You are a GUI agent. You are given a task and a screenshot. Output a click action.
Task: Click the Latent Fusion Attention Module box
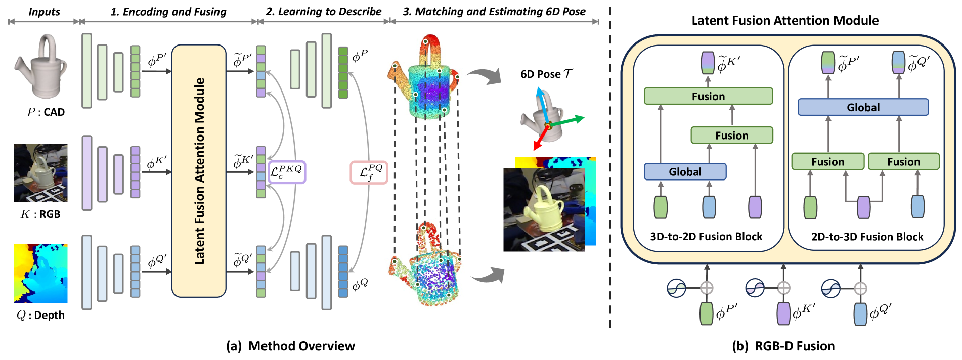[x=199, y=171]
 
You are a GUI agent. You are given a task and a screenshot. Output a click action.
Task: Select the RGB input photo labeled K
[x=40, y=172]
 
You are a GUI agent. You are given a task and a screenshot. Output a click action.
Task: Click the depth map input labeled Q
[x=40, y=274]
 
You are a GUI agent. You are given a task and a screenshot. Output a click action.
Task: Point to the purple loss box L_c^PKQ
[x=287, y=172]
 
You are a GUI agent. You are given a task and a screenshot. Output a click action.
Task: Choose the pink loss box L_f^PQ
[x=369, y=172]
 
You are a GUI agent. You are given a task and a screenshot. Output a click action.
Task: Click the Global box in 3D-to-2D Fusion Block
[x=685, y=172]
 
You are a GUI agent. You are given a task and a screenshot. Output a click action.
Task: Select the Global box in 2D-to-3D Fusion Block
[x=863, y=107]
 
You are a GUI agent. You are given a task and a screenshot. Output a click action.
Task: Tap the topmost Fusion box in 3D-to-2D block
[x=708, y=96]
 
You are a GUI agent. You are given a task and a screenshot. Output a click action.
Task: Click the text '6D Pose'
[x=541, y=74]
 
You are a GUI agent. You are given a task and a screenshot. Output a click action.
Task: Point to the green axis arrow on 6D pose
[x=569, y=121]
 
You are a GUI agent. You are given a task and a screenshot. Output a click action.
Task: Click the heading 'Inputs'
[x=44, y=12]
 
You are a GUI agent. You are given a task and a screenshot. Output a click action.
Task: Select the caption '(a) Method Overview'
[x=290, y=346]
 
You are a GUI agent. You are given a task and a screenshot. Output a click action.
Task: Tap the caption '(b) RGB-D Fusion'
[x=783, y=346]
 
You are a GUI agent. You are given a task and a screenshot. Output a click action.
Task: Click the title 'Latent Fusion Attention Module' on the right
[x=785, y=21]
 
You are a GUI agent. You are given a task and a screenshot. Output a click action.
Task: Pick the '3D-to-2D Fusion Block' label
[x=706, y=237]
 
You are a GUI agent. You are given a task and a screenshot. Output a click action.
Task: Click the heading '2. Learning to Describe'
[x=324, y=12]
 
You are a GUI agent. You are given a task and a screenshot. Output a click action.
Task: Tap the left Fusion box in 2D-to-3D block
[x=827, y=162]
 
